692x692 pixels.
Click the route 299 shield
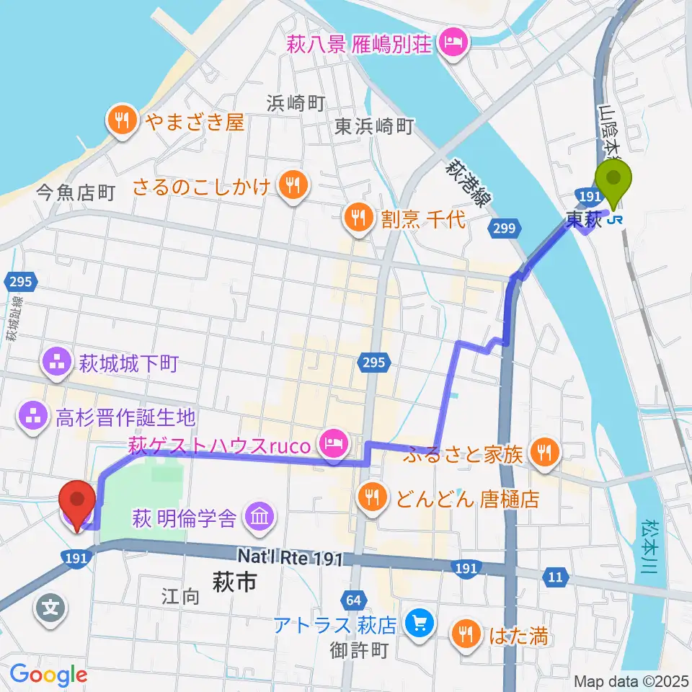505,230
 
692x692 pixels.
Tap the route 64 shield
353,600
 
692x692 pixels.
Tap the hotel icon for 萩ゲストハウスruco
332,439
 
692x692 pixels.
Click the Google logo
49,675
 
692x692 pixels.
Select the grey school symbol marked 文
49,607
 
